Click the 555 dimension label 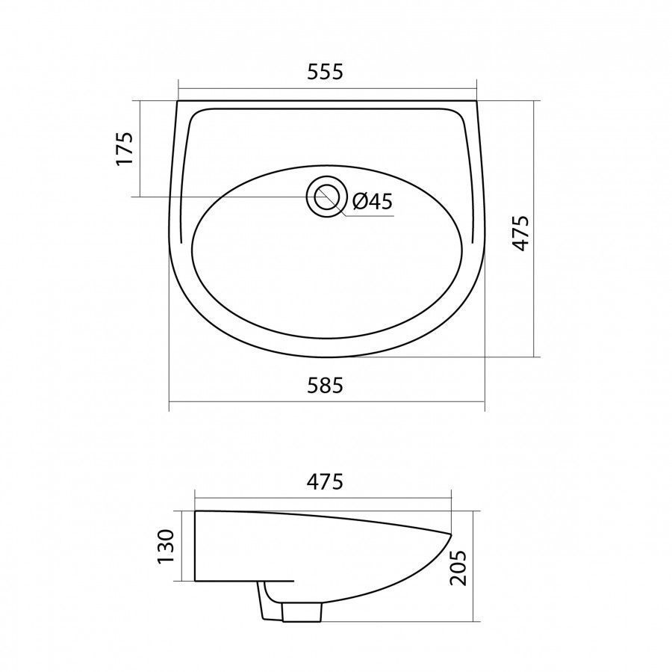326,72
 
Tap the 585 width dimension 326,386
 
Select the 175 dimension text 125,149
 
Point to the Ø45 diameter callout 373,201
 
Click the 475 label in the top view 522,233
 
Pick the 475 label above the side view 325,481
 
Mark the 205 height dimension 458,568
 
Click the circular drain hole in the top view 326,197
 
